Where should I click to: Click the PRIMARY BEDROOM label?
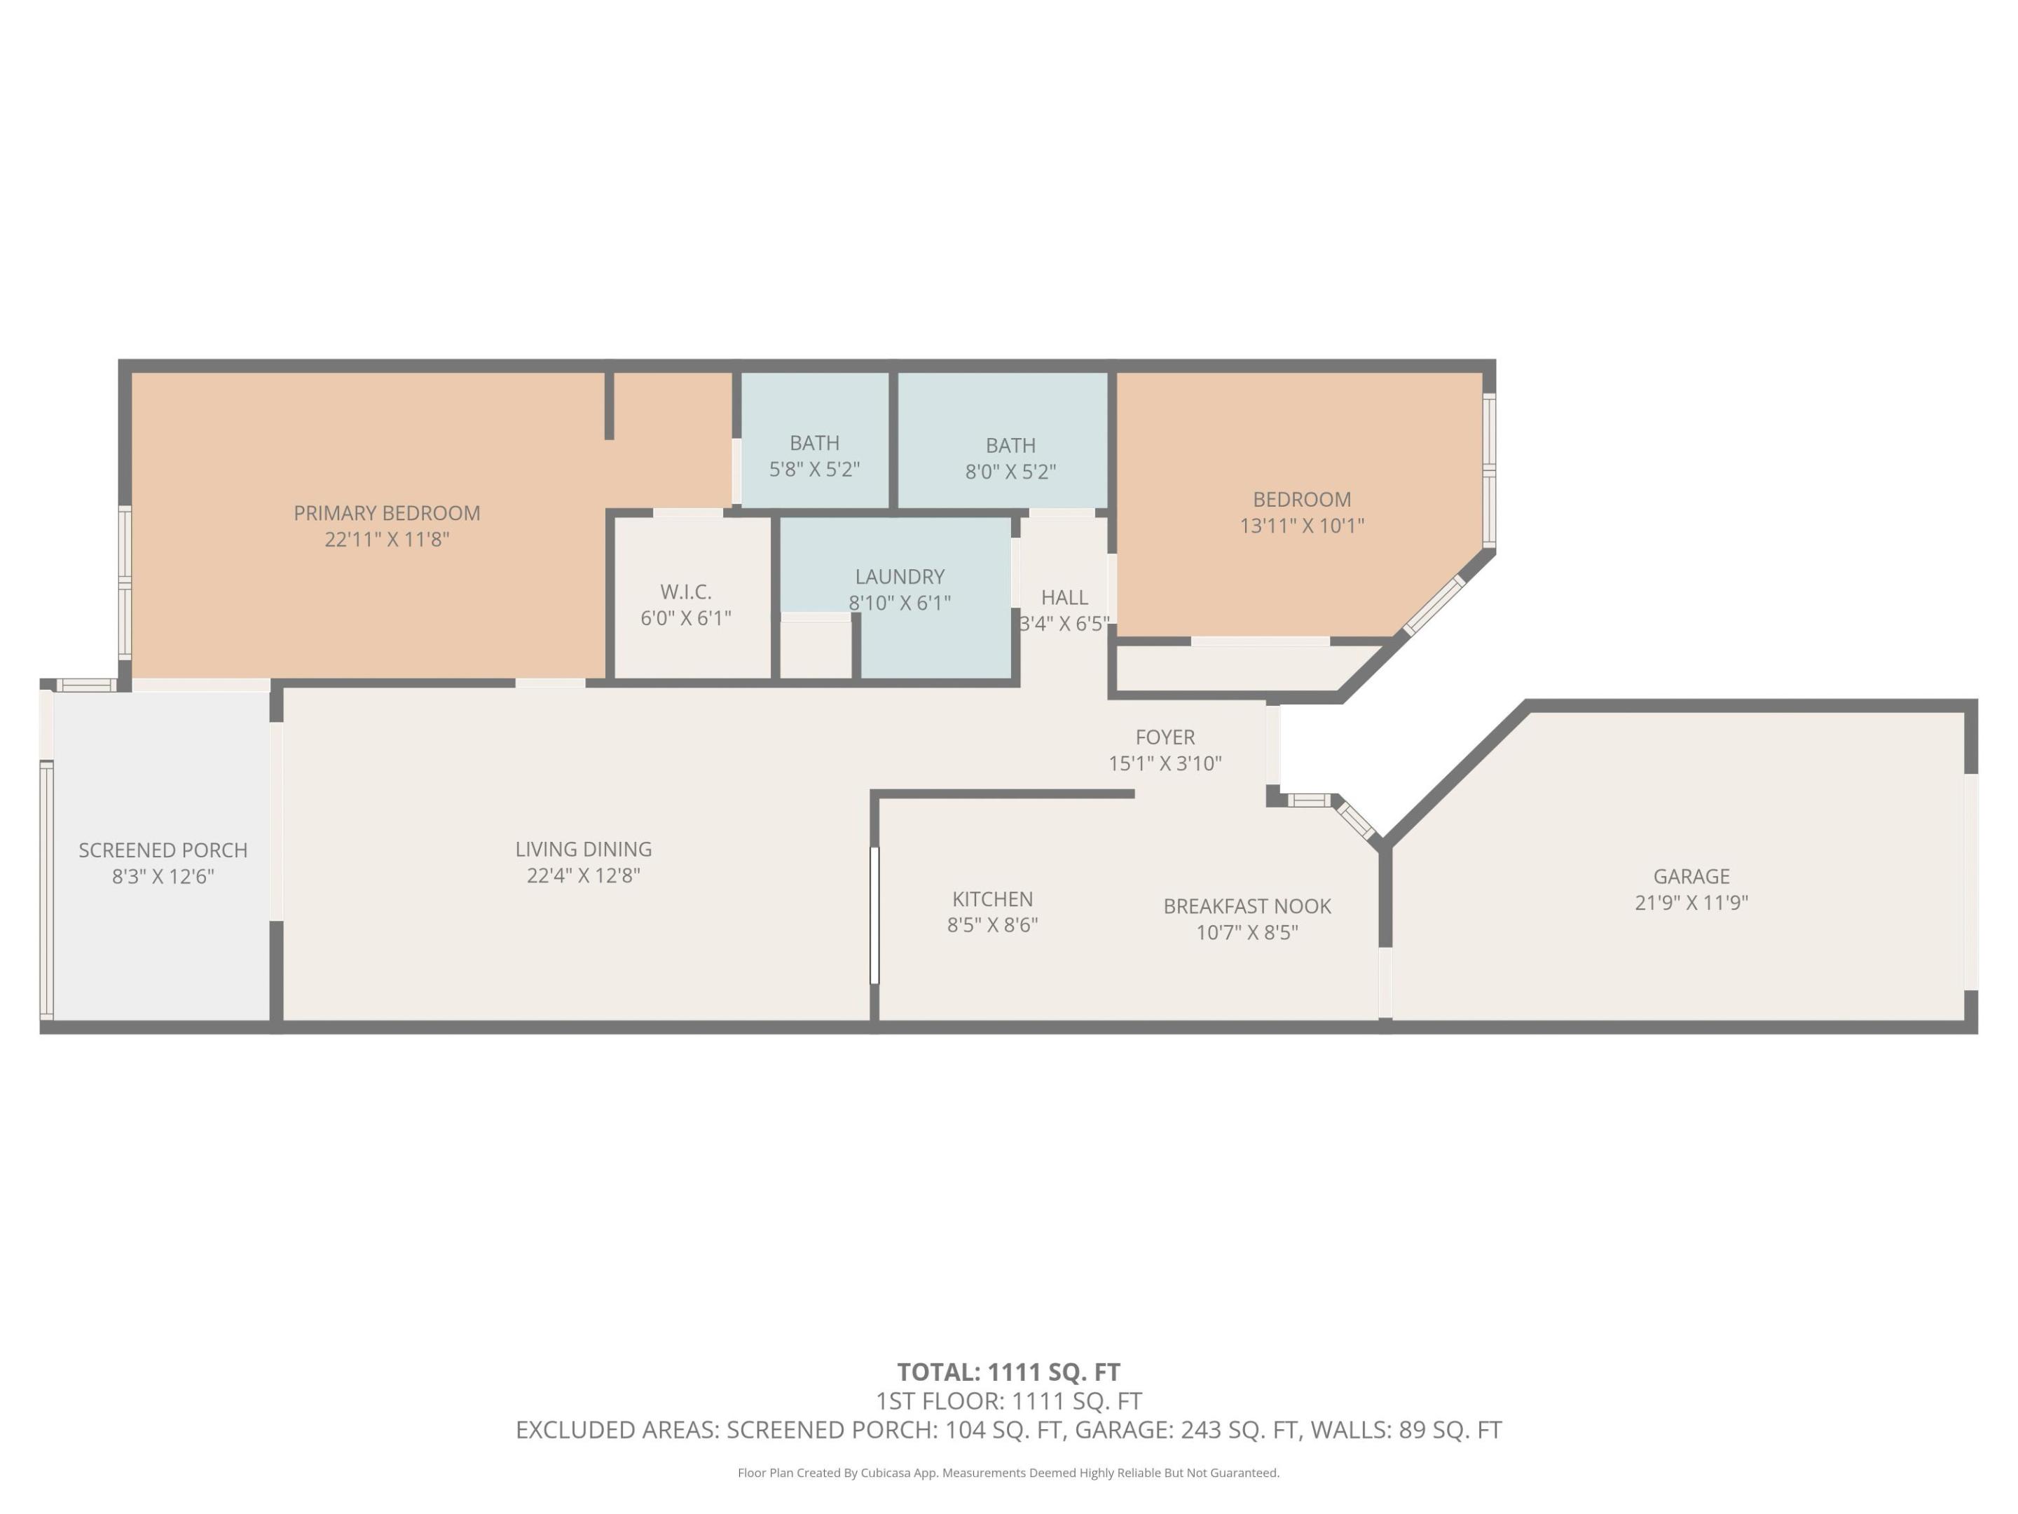[x=387, y=513]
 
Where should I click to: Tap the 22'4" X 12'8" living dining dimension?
[x=583, y=875]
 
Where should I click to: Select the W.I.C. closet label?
[x=685, y=592]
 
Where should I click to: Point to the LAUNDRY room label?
[x=900, y=577]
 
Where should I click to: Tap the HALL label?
[x=1064, y=598]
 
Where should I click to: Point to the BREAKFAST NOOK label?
[x=1247, y=906]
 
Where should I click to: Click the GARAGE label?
[x=1691, y=876]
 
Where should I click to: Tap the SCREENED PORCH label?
[x=163, y=850]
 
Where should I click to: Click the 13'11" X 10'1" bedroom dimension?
[x=1301, y=526]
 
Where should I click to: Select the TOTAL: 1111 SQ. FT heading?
[x=1008, y=1372]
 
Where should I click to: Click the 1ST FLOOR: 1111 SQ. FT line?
[x=1008, y=1401]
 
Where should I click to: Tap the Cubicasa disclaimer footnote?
[x=1008, y=1472]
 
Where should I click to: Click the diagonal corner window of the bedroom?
[x=1434, y=605]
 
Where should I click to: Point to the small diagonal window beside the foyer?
[x=1357, y=819]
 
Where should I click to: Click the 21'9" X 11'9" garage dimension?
[x=1691, y=903]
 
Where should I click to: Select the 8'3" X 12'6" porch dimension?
[x=163, y=876]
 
